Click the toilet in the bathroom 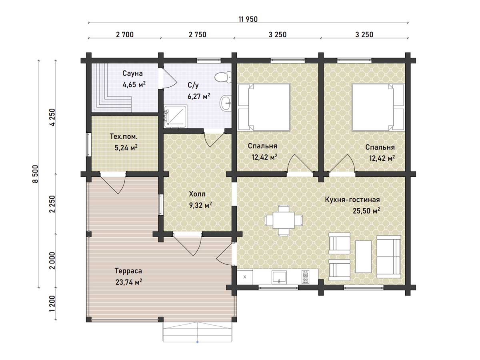(223, 77)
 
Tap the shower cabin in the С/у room (175, 117)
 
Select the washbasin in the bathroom (226, 103)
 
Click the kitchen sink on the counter (279, 277)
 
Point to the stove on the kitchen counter (306, 277)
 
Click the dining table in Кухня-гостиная (284, 220)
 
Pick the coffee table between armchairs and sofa (363, 257)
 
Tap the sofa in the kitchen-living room (388, 257)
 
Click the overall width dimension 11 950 (248, 20)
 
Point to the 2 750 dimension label (198, 35)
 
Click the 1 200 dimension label (52, 304)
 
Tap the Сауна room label (132, 73)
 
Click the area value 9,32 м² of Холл (200, 205)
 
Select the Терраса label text (128, 271)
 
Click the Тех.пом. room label (124, 137)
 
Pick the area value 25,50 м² (366, 210)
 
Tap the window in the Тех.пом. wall (88, 144)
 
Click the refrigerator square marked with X (245, 277)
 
